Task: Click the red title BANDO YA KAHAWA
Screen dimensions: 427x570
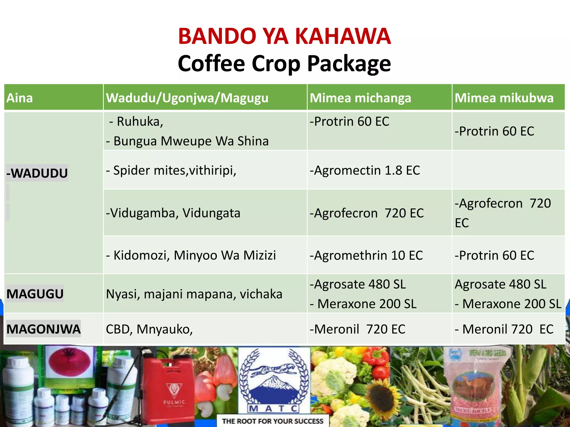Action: pyautogui.click(x=284, y=36)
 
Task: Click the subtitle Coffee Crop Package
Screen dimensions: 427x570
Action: pyautogui.click(x=284, y=64)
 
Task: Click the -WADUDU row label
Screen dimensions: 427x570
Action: pyautogui.click(x=37, y=173)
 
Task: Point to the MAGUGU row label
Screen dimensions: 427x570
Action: pyautogui.click(x=35, y=294)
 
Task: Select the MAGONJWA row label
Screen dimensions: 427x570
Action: pyautogui.click(x=43, y=329)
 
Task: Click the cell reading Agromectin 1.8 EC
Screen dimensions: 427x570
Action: pyautogui.click(x=365, y=170)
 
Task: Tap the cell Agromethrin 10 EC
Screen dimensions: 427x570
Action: pyautogui.click(x=366, y=255)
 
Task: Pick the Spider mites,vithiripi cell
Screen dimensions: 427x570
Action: pyautogui.click(x=171, y=170)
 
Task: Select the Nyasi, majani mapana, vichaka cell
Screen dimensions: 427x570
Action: pyautogui.click(x=194, y=294)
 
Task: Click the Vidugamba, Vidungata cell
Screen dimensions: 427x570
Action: pyautogui.click(x=173, y=213)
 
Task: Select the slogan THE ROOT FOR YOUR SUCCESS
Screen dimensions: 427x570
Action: pyautogui.click(x=272, y=421)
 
